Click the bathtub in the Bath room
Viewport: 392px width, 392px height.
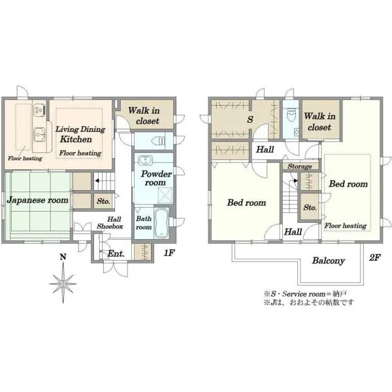[161, 223]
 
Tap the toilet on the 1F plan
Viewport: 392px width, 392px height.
[159, 141]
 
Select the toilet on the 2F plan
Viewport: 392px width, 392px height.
[291, 114]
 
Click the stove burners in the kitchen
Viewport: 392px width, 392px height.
[39, 110]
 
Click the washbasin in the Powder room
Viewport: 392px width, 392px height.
[145, 160]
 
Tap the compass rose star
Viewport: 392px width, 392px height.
[63, 284]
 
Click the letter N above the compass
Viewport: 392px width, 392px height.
[63, 257]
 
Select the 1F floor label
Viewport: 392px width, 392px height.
[169, 253]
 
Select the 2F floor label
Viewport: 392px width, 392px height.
[375, 257]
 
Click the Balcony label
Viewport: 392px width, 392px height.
[328, 261]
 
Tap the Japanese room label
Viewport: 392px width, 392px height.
[37, 201]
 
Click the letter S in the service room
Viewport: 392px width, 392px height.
[250, 120]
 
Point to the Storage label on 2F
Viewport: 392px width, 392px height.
[300, 166]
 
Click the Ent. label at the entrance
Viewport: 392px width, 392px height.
[116, 253]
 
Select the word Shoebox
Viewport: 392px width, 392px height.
[110, 227]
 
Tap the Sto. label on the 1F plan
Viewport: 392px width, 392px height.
[103, 201]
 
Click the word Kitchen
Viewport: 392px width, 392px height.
[76, 139]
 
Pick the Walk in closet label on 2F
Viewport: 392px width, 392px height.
[319, 122]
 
